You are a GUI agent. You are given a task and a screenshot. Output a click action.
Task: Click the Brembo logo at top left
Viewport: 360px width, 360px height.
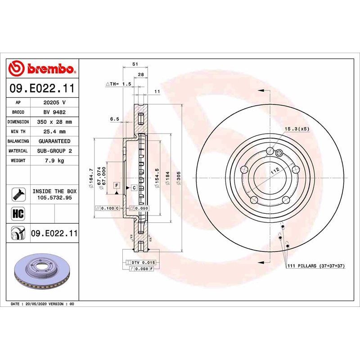42,69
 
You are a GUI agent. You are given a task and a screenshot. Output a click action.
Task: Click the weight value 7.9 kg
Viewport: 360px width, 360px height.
54,161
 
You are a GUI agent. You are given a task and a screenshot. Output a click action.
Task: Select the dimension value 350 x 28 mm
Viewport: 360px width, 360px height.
54,122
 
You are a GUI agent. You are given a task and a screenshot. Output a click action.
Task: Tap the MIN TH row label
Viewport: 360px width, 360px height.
18,132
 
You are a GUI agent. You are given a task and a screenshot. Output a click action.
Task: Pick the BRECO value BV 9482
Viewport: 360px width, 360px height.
54,112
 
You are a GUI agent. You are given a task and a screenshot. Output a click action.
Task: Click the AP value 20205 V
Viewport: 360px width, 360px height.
54,102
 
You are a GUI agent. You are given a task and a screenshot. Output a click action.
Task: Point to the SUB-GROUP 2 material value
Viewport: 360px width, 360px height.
54,151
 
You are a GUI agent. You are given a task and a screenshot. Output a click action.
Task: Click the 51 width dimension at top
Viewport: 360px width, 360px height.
135,65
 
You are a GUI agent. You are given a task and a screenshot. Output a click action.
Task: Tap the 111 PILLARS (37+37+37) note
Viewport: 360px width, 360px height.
315,266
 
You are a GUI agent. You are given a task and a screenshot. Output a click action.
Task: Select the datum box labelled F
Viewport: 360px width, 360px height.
116,185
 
